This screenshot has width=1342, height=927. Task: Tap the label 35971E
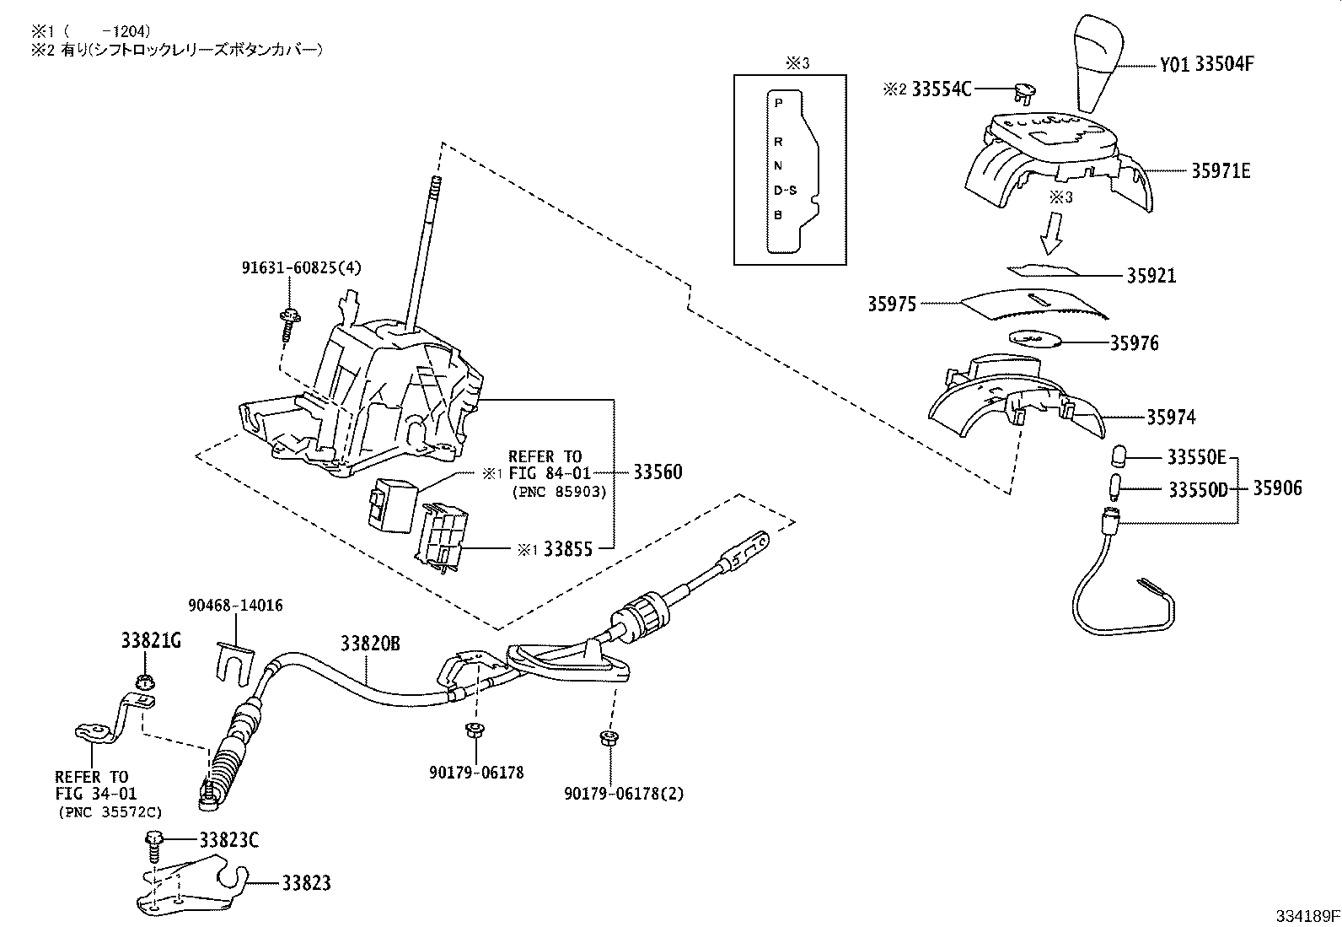point(1220,171)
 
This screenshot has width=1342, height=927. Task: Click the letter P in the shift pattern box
point(778,102)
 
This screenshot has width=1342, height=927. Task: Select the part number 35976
point(1134,343)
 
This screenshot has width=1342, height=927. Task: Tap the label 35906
point(1276,488)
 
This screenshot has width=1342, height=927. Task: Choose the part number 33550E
point(1196,458)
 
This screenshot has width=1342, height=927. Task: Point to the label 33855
point(567,549)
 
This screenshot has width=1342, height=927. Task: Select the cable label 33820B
point(370,644)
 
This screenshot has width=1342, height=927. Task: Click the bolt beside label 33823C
point(155,842)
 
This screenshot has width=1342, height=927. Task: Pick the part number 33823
point(306,883)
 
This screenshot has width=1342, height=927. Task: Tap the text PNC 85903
point(559,491)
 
